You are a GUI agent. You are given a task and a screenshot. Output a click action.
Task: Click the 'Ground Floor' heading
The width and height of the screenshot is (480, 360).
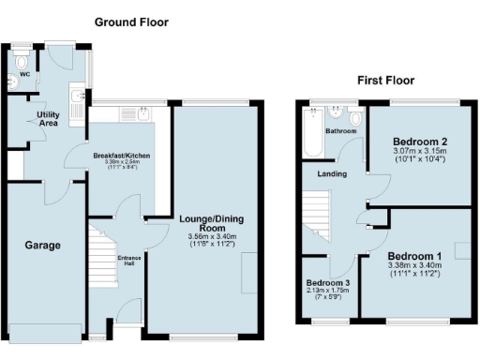click(x=132, y=22)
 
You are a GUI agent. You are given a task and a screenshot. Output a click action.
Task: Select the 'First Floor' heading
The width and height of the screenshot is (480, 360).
click(x=386, y=82)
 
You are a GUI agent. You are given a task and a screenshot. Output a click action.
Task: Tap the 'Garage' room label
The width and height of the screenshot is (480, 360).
click(x=43, y=246)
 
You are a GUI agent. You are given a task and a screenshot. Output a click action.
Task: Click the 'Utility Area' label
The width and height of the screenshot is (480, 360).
click(x=49, y=118)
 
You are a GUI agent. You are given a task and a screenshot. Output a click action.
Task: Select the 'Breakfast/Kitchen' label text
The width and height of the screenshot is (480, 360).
click(x=122, y=156)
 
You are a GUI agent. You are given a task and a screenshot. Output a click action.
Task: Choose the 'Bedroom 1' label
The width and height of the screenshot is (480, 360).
click(x=414, y=256)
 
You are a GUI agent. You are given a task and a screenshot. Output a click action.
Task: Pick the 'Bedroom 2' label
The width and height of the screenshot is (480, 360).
click(x=419, y=142)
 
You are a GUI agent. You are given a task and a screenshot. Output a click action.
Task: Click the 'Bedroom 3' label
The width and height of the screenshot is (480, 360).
click(x=328, y=283)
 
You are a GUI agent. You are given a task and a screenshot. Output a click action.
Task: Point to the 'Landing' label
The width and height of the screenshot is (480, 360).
click(x=332, y=173)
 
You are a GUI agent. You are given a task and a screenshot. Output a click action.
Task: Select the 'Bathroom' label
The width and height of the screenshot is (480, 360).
click(x=340, y=132)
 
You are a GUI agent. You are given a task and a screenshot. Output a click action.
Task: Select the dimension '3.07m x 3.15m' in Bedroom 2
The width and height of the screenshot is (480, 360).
click(x=419, y=153)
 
